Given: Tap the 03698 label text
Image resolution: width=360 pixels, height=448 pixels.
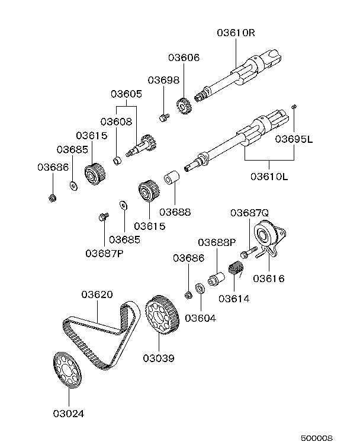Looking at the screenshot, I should pyautogui.click(x=163, y=80).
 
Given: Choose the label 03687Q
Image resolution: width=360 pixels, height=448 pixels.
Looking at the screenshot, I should pyautogui.click(x=249, y=213).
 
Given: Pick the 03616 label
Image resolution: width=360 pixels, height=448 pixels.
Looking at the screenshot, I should pyautogui.click(x=269, y=279).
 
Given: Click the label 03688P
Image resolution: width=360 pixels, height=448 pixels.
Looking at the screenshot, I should pyautogui.click(x=217, y=242).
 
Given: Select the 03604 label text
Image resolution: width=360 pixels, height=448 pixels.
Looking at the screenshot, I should pyautogui.click(x=200, y=318).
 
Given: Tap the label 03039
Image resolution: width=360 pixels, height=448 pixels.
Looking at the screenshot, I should pyautogui.click(x=159, y=358).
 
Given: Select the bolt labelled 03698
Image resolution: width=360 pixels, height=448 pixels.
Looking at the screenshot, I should pyautogui.click(x=163, y=118).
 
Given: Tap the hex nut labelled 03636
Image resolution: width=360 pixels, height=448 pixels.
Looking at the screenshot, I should pyautogui.click(x=52, y=197).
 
